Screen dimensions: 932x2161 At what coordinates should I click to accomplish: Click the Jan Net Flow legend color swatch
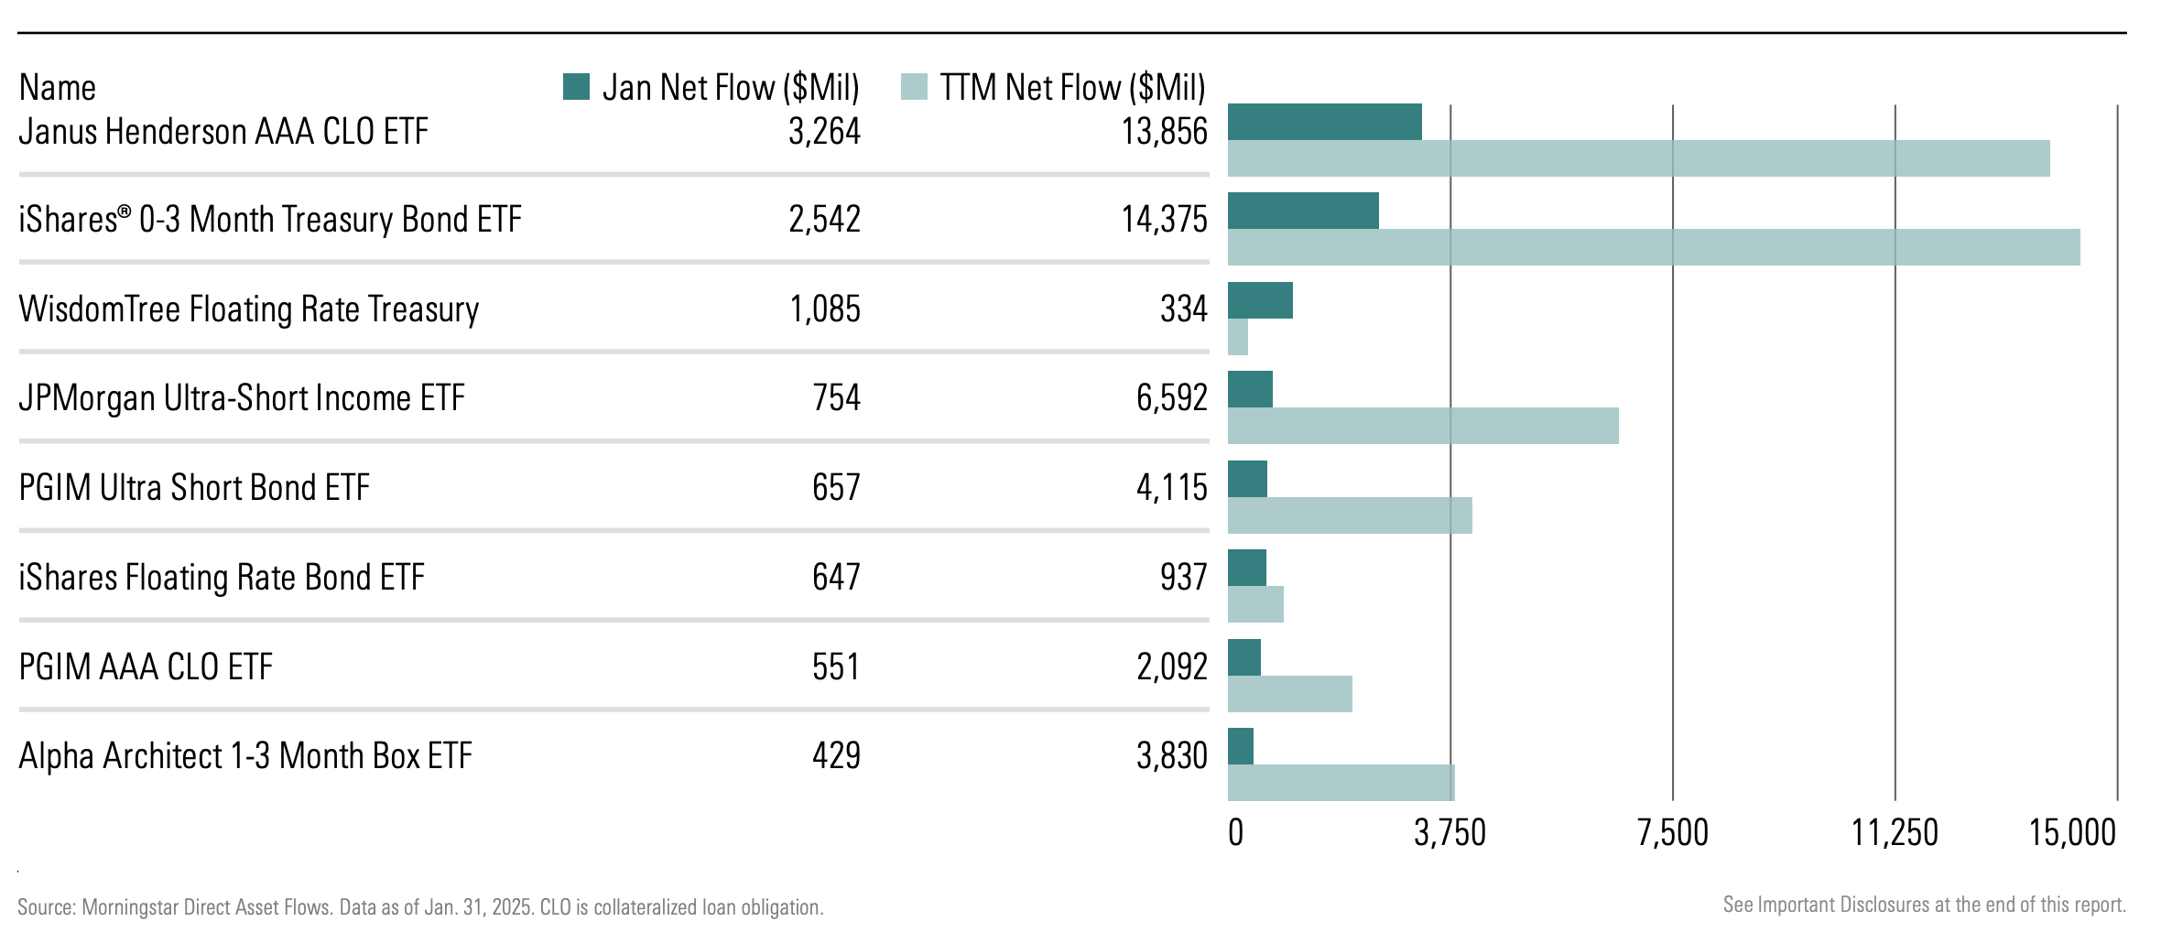click(576, 87)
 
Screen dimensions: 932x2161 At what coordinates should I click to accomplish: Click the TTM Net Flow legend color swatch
click(914, 87)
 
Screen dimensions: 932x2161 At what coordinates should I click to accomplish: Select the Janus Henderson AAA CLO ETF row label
click(223, 132)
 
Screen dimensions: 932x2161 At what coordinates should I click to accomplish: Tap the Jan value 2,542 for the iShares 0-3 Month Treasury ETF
click(824, 220)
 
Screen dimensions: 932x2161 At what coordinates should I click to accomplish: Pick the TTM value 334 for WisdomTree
click(1183, 309)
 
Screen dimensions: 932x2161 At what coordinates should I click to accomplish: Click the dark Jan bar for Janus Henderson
click(1324, 123)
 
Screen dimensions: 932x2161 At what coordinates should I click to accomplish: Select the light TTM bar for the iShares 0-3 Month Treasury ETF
click(1653, 247)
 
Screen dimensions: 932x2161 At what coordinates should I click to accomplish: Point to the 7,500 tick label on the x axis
click(1672, 833)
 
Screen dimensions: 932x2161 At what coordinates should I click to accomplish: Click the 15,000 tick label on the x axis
click(2072, 833)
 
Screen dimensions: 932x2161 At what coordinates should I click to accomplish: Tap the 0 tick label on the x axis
click(1235, 833)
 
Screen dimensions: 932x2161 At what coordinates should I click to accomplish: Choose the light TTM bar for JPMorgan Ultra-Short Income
click(1422, 426)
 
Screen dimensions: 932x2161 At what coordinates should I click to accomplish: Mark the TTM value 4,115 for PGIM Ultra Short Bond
click(1171, 488)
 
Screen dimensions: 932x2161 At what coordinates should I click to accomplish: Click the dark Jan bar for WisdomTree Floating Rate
click(1260, 300)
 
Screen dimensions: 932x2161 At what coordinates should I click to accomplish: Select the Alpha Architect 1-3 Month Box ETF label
click(245, 756)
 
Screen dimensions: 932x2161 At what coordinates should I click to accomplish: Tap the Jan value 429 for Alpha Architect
click(836, 756)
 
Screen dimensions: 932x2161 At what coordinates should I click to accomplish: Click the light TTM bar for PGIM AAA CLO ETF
click(1289, 694)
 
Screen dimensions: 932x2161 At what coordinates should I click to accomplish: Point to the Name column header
click(57, 88)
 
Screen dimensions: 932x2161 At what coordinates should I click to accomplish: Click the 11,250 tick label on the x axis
click(1894, 833)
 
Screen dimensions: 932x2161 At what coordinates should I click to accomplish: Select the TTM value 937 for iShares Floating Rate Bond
click(1183, 578)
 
